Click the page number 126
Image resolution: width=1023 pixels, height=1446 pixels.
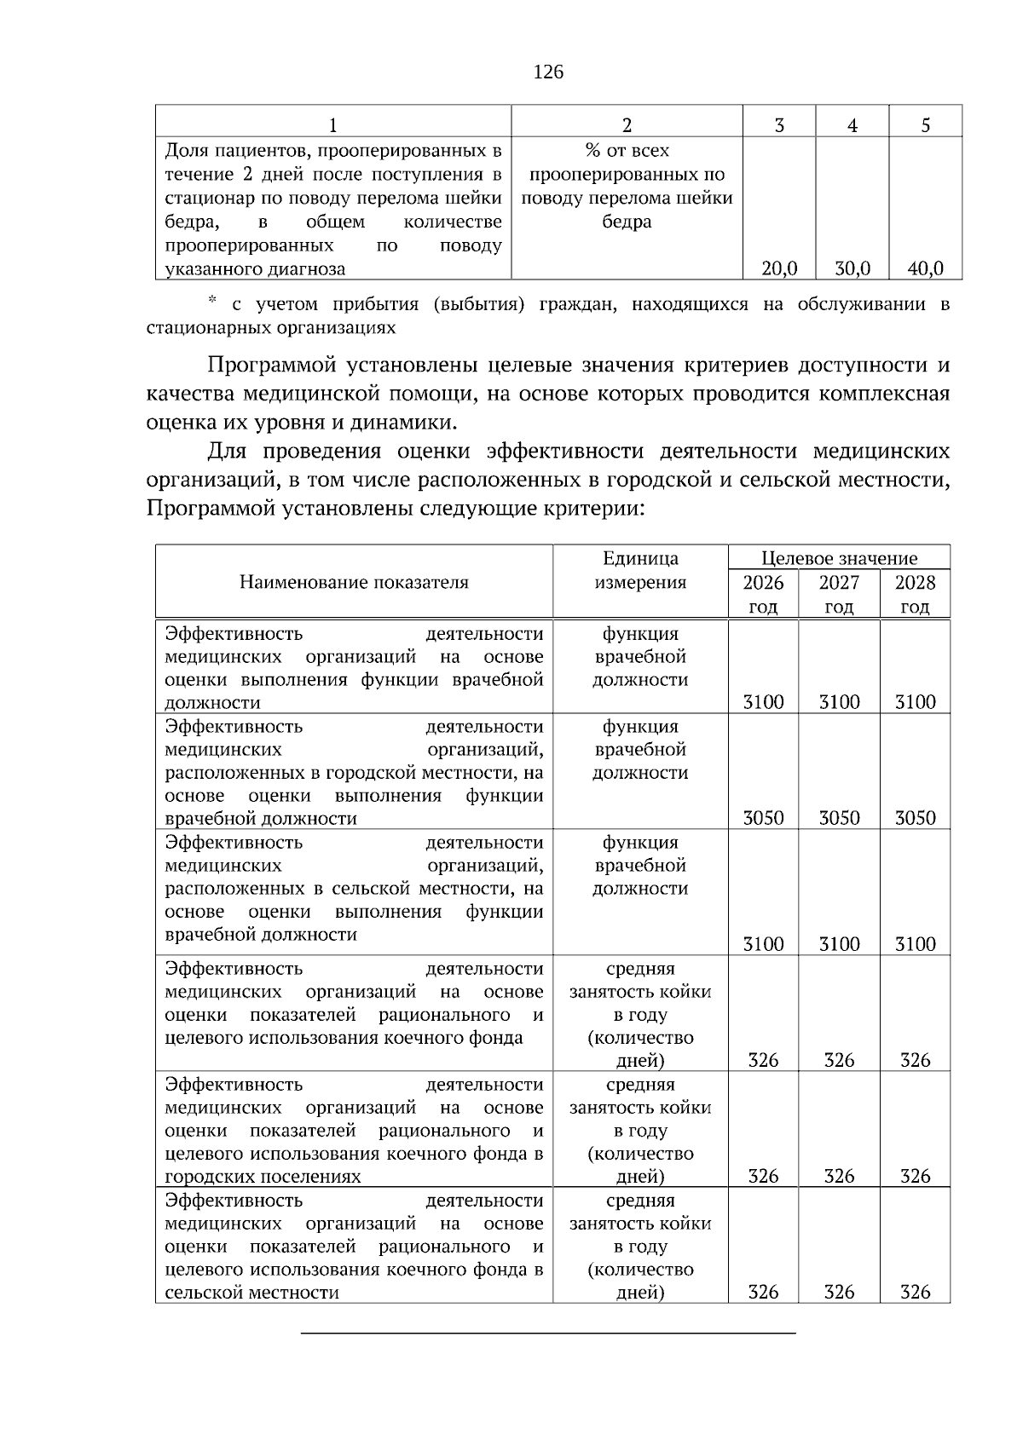pyautogui.click(x=548, y=72)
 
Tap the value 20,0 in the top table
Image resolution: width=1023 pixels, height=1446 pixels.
pyautogui.click(x=779, y=269)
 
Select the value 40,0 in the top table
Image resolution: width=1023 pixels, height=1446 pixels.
pyautogui.click(x=925, y=269)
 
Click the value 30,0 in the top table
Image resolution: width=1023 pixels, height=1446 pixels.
pyautogui.click(x=852, y=269)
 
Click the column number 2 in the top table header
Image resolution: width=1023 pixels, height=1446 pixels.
pyautogui.click(x=627, y=125)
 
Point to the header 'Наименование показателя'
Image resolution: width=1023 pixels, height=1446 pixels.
pyautogui.click(x=354, y=583)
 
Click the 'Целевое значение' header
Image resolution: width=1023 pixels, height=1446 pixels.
pyautogui.click(x=839, y=559)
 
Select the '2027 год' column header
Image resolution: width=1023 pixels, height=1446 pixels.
pyautogui.click(x=839, y=595)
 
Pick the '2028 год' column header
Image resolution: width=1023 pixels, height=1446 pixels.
pyautogui.click(x=915, y=595)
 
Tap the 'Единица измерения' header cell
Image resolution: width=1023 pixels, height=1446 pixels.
pyautogui.click(x=640, y=571)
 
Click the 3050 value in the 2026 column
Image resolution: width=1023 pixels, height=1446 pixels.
pyautogui.click(x=763, y=819)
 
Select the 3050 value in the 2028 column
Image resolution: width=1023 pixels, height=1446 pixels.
pyautogui.click(x=915, y=819)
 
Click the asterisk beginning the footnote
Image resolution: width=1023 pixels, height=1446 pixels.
pyautogui.click(x=213, y=301)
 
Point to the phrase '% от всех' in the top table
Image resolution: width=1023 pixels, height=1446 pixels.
pyautogui.click(x=627, y=152)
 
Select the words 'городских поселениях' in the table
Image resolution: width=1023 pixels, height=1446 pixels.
pyautogui.click(x=263, y=1177)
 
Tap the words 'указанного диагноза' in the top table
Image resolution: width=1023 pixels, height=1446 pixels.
pyautogui.click(x=255, y=270)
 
